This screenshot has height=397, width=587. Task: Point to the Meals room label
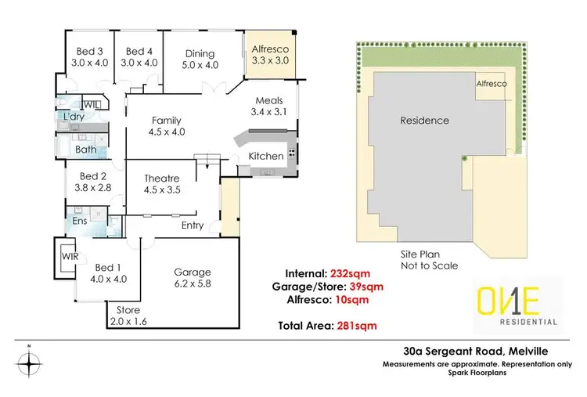click(269, 106)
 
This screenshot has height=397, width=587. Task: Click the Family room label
click(167, 126)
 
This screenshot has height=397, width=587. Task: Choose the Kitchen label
click(266, 157)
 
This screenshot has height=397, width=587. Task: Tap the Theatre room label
click(162, 183)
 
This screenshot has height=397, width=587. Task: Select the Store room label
click(128, 316)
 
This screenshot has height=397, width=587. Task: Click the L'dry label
click(76, 117)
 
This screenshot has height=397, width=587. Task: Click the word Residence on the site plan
click(424, 121)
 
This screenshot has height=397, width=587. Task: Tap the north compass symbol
click(29, 363)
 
